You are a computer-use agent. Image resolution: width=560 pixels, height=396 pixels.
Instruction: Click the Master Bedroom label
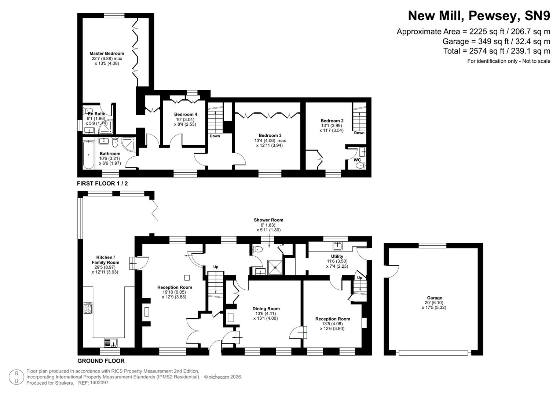(107, 54)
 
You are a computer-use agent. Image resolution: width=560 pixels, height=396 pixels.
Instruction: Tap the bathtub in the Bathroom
(88, 154)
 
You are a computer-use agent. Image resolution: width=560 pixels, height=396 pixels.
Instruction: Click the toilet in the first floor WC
(361, 165)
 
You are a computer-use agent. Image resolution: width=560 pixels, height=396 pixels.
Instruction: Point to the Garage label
(434, 298)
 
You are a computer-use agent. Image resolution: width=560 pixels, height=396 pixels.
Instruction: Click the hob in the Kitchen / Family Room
(88, 308)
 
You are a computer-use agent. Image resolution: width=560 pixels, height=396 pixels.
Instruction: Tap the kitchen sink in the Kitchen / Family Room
(110, 342)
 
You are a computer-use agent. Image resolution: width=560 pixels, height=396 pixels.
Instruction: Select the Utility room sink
(337, 245)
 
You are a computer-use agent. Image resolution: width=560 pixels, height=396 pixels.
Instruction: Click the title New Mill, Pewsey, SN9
(479, 16)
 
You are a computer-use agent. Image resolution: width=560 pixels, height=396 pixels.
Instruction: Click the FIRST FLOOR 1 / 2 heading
(102, 183)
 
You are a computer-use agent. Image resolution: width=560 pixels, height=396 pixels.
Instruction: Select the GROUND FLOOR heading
(101, 361)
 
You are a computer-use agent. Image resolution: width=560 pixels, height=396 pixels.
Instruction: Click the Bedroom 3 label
(270, 135)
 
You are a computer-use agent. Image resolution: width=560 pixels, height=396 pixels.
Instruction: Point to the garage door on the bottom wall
(433, 353)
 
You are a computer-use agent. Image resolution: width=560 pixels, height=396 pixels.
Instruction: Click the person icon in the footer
(16, 377)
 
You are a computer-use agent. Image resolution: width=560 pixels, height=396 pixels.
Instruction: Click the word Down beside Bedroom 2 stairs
(359, 133)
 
